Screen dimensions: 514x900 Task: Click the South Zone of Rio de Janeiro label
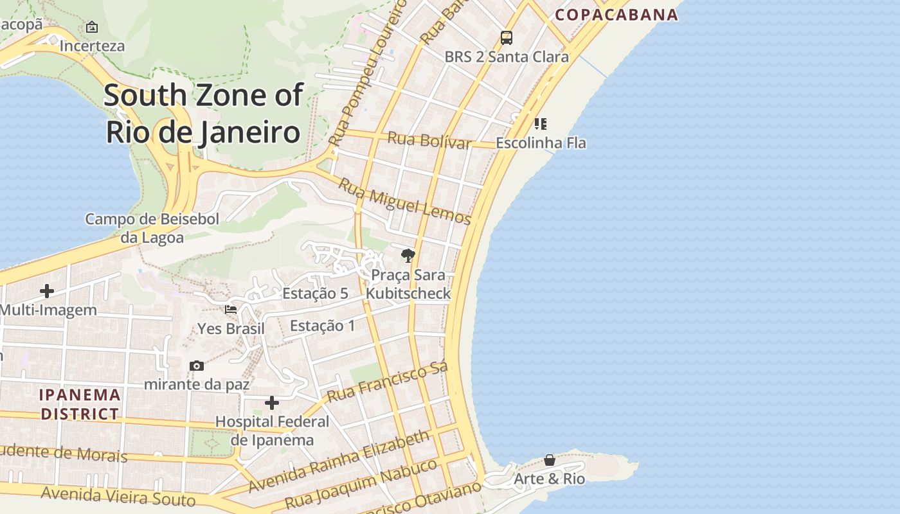coord(203,113)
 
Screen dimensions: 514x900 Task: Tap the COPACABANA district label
coord(616,14)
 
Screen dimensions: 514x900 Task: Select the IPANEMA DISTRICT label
coord(80,404)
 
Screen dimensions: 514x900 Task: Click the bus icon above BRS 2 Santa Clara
coord(507,38)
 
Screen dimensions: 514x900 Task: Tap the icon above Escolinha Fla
coord(540,123)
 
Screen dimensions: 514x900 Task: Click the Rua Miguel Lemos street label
coord(404,201)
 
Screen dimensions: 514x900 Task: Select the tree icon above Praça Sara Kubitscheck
coord(408,256)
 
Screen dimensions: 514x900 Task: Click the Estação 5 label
coord(315,294)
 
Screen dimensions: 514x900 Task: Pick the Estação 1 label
coord(322,326)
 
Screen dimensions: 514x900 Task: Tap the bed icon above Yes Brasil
coord(231,310)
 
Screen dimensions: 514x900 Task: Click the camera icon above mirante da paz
coord(197,366)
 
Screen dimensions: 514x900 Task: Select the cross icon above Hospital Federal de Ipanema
coord(272,403)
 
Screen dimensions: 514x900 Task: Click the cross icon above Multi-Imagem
coord(47,291)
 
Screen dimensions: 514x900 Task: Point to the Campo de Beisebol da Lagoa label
coord(152,228)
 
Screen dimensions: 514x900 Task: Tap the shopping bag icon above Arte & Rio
coord(550,460)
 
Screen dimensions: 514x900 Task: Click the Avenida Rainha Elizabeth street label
coord(339,461)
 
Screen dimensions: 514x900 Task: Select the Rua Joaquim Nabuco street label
coord(361,483)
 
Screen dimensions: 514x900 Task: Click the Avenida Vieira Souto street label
coord(118,496)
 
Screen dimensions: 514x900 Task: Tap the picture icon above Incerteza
coord(92,27)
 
